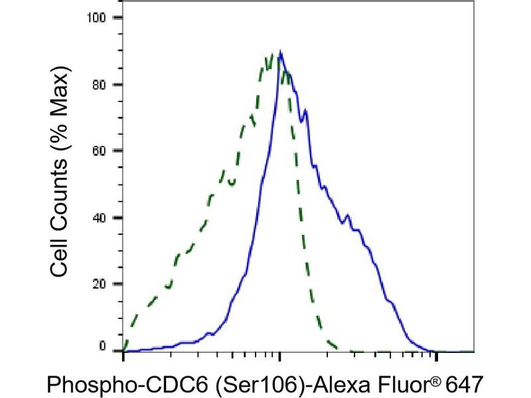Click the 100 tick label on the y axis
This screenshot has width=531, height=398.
(x=96, y=17)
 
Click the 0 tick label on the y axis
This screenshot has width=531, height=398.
(x=102, y=346)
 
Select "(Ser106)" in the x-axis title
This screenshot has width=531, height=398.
(x=231, y=384)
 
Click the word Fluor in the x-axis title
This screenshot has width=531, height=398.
(x=378, y=384)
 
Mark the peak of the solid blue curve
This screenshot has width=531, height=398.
(x=281, y=52)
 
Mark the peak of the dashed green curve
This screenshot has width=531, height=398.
(x=271, y=54)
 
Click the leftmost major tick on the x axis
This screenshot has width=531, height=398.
(x=123, y=357)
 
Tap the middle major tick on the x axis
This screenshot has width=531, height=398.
(x=280, y=357)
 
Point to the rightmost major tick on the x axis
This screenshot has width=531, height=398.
(x=436, y=357)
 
